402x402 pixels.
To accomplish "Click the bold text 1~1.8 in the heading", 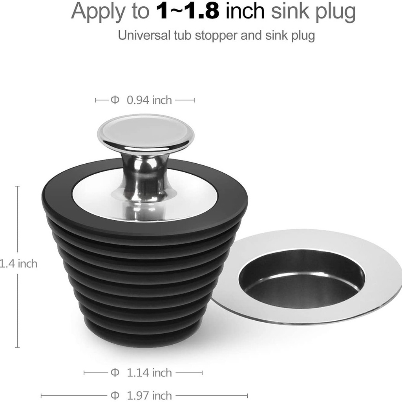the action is [x=188, y=11].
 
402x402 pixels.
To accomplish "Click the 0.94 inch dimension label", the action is [x=149, y=100].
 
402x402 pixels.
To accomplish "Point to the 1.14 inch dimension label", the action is [x=149, y=373].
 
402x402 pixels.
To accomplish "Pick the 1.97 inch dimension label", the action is [x=149, y=396].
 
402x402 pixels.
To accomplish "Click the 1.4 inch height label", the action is [x=18, y=263].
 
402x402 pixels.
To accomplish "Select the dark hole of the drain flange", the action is [x=301, y=280].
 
